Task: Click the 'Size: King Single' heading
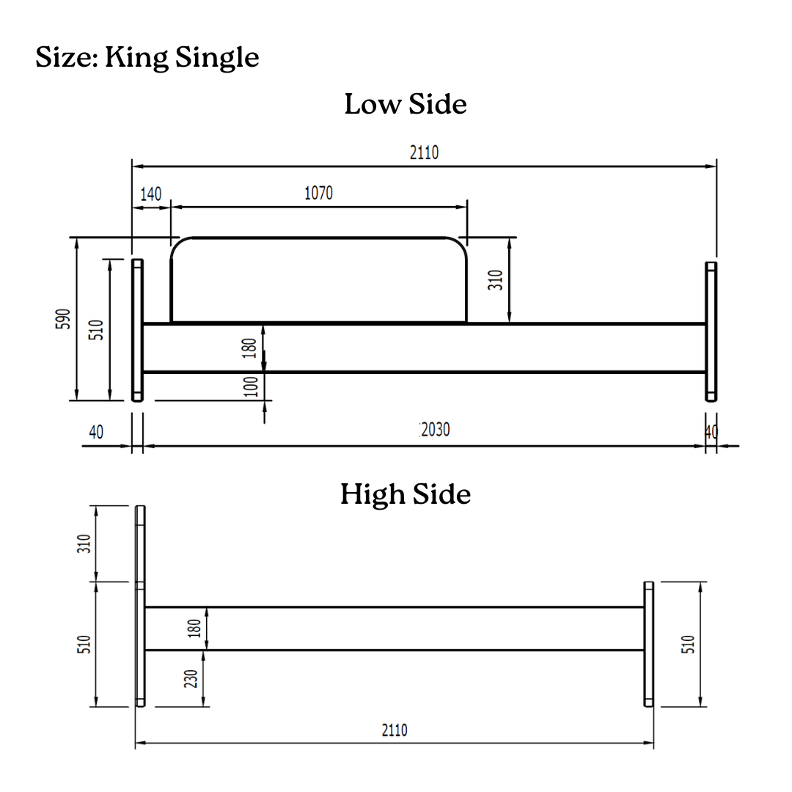pyautogui.click(x=147, y=57)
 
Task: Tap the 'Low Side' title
pyautogui.click(x=406, y=104)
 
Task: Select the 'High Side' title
pyautogui.click(x=406, y=494)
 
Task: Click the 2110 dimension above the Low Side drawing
pyautogui.click(x=424, y=152)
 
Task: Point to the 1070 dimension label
pyautogui.click(x=318, y=193)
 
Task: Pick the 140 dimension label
pyautogui.click(x=150, y=194)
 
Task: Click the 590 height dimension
pyautogui.click(x=62, y=319)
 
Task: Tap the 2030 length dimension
pyautogui.click(x=436, y=429)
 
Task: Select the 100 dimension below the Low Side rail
pyautogui.click(x=251, y=386)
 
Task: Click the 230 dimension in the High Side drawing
pyautogui.click(x=191, y=678)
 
